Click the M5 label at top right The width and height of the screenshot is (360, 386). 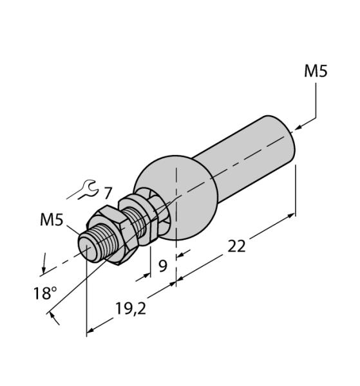(316, 71)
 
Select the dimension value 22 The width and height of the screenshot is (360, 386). (236, 245)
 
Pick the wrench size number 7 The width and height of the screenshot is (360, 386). (108, 192)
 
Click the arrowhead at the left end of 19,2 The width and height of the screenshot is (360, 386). (91, 331)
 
